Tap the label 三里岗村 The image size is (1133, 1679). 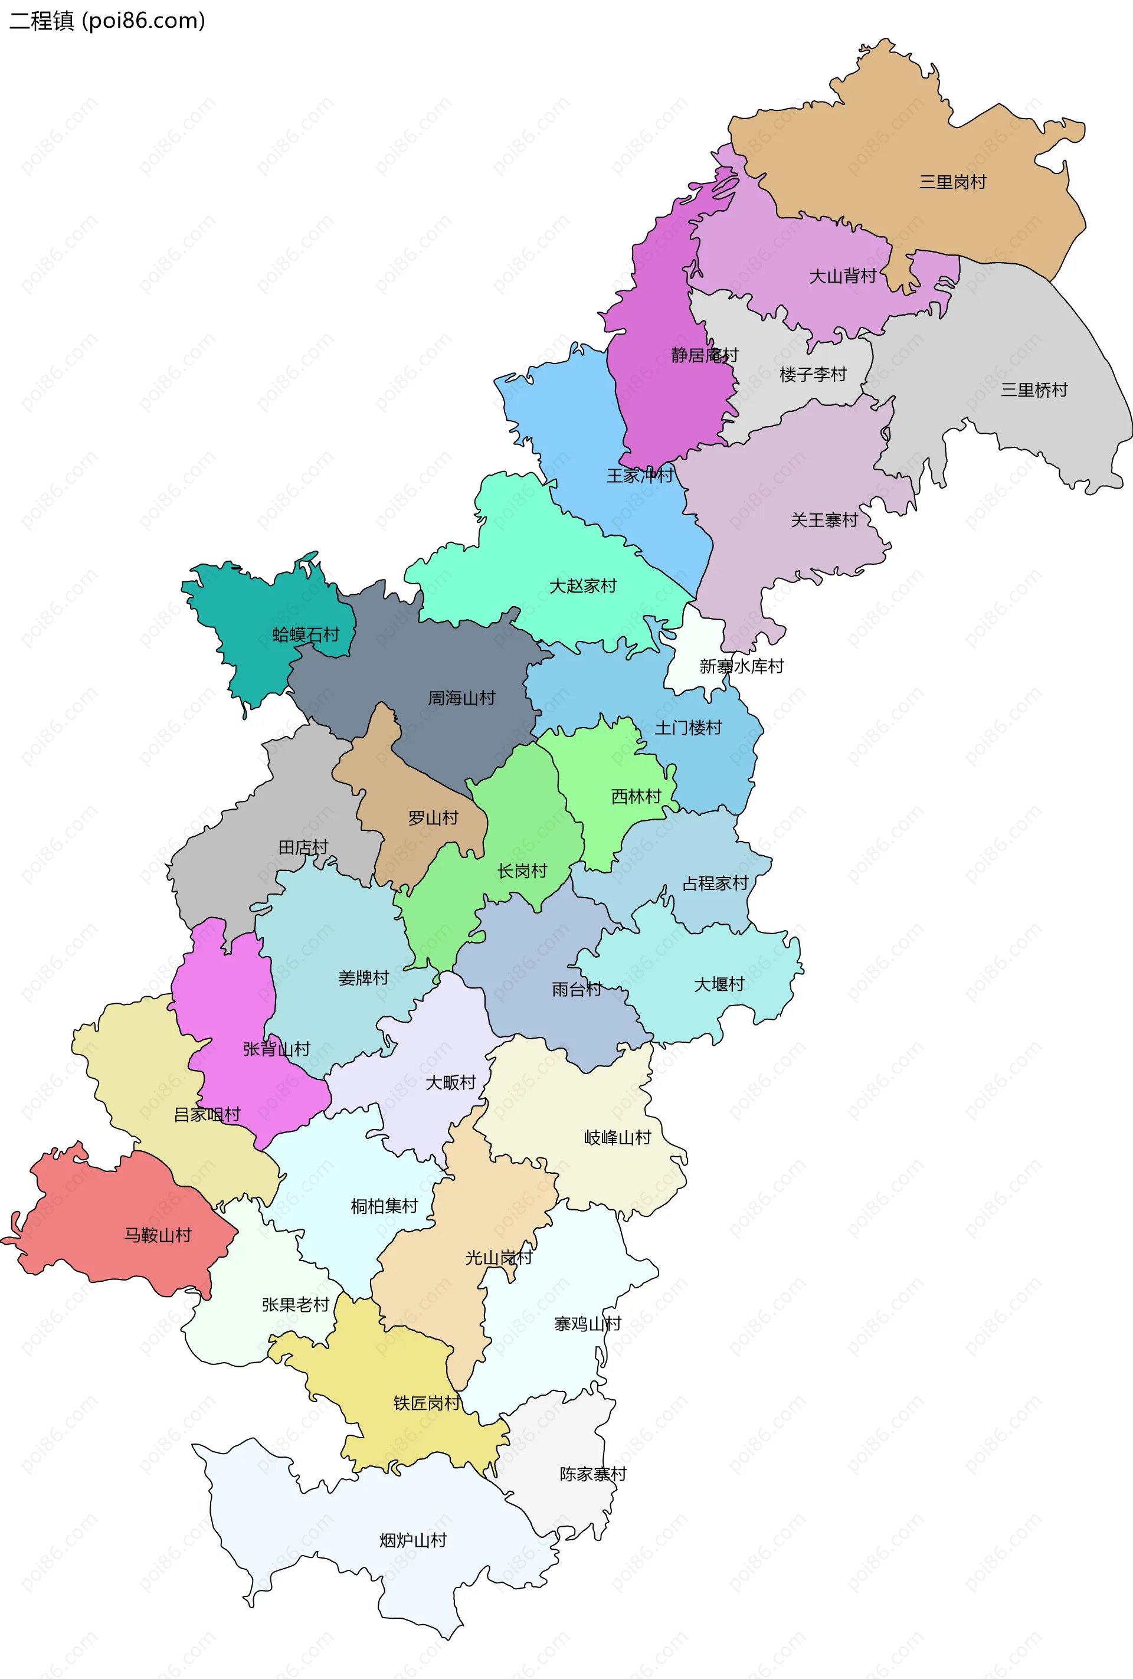click(952, 182)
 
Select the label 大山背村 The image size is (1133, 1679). click(843, 276)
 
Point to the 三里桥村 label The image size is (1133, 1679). click(1034, 390)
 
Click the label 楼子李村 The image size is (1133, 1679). click(813, 374)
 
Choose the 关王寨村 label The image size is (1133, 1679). click(824, 520)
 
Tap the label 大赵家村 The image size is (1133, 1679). click(582, 586)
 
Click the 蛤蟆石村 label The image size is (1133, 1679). click(306, 635)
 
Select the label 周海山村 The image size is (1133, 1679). click(461, 698)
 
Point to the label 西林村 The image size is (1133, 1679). click(636, 796)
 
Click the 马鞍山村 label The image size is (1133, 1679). click(158, 1235)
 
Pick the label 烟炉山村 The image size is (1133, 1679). click(413, 1540)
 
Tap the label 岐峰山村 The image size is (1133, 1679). click(618, 1138)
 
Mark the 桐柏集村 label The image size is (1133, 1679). click(384, 1206)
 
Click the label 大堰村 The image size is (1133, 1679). click(719, 984)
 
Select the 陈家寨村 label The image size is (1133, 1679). click(593, 1474)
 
